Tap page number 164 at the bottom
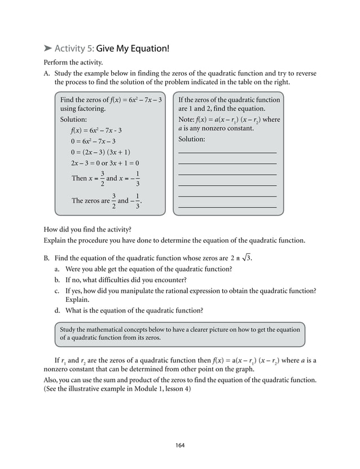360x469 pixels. coord(180,445)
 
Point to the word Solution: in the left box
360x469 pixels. coord(73,120)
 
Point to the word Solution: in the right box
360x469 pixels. coord(192,139)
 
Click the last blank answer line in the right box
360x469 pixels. coord(227,208)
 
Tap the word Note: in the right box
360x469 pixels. coord(187,120)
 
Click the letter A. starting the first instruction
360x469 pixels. coord(47,73)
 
